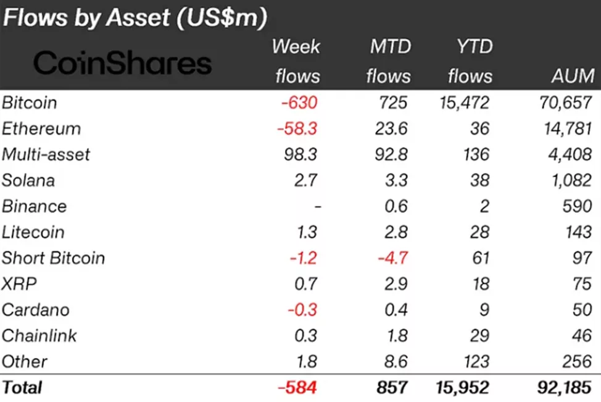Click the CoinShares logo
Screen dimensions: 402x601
tap(122, 64)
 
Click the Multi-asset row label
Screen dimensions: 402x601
tap(46, 154)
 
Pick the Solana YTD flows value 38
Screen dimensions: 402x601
tap(479, 180)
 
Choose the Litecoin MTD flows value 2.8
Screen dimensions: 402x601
tap(395, 232)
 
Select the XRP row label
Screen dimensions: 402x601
tap(19, 284)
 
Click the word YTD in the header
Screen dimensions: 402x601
tap(470, 47)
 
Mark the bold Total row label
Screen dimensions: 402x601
tap(22, 388)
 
